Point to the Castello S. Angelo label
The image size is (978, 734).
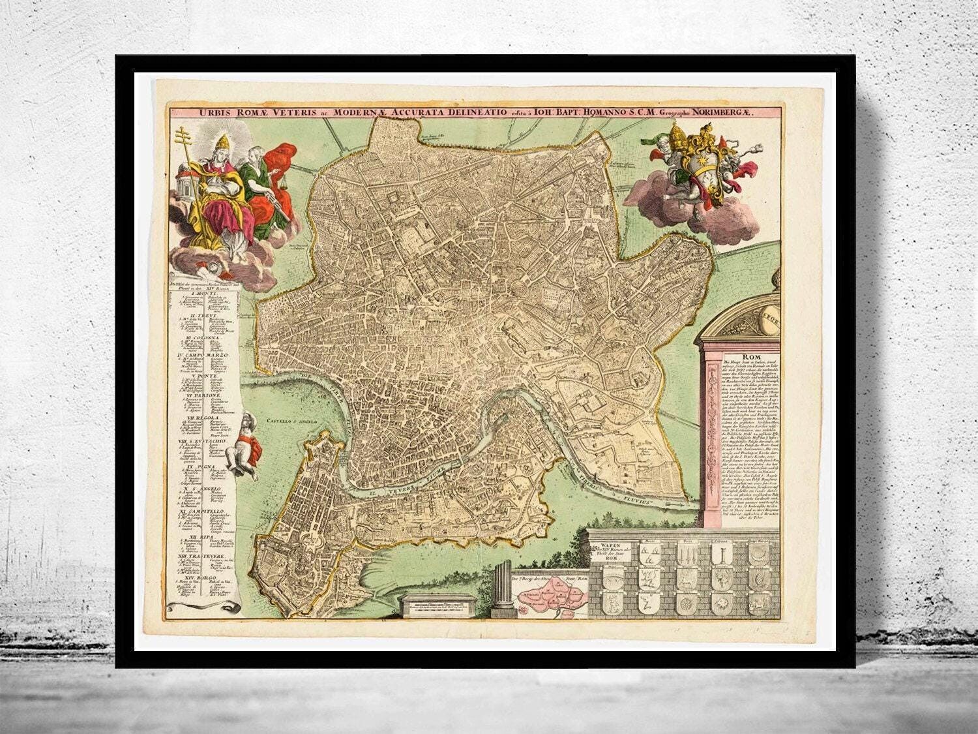tap(291, 422)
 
